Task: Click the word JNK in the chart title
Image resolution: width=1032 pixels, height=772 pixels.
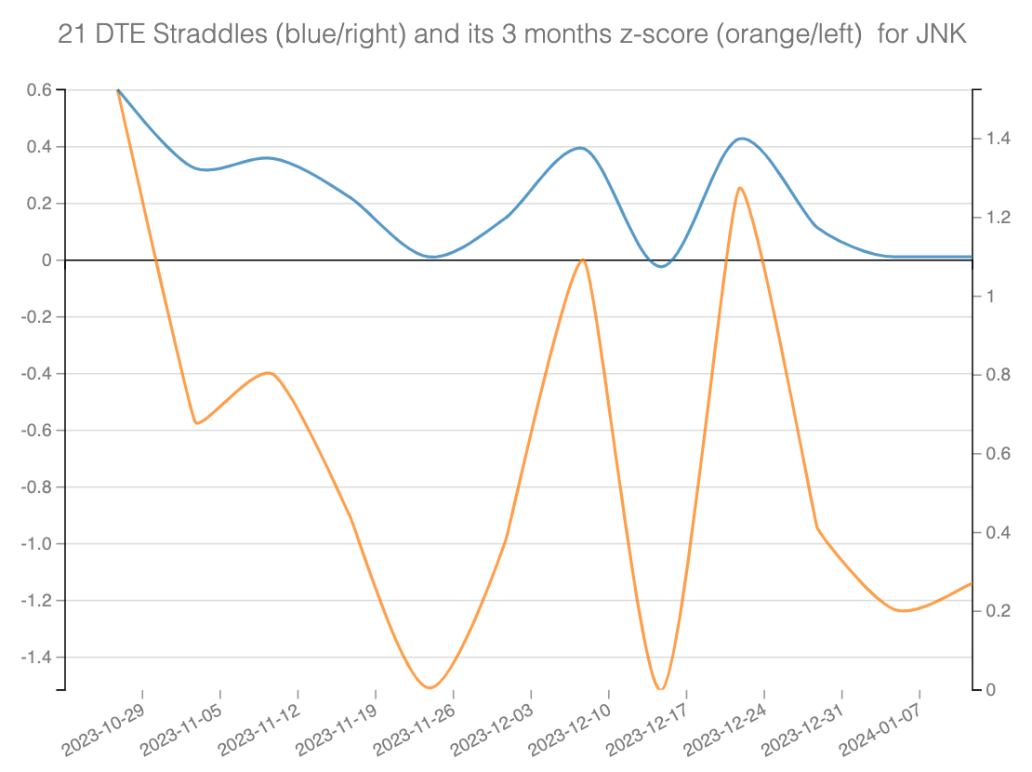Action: (942, 34)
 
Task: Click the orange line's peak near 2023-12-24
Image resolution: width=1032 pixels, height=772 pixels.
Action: (739, 188)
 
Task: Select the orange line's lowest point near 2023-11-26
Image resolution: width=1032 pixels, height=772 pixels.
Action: (430, 687)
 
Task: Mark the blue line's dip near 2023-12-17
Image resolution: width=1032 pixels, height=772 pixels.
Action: (661, 266)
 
